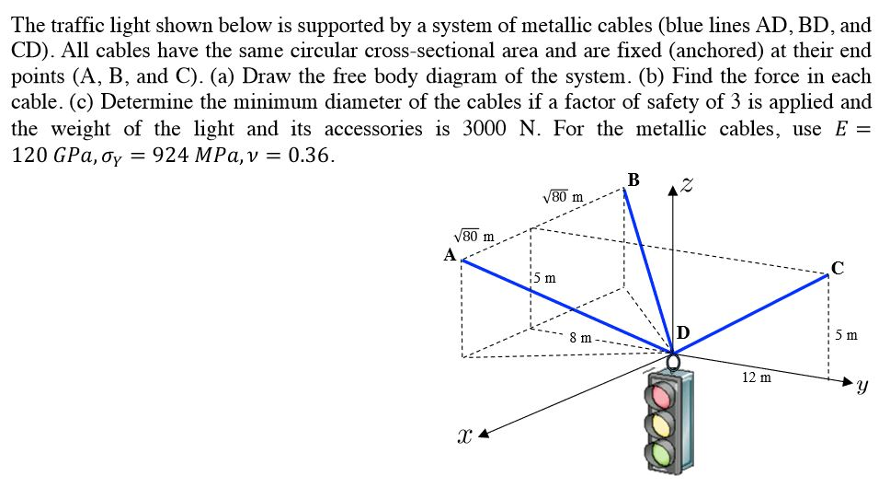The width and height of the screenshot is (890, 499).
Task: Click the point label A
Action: coord(450,255)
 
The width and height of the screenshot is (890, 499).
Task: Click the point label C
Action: coord(836,268)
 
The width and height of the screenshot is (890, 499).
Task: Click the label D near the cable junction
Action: coord(683,332)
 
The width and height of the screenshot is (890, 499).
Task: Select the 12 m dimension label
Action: coord(756,377)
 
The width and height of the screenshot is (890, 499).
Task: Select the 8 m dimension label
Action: coord(579,338)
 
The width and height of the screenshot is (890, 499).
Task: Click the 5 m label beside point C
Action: coord(847,335)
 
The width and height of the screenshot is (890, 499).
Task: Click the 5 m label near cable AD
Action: coord(543,277)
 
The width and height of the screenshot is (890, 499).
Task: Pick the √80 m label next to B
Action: coord(564,195)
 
